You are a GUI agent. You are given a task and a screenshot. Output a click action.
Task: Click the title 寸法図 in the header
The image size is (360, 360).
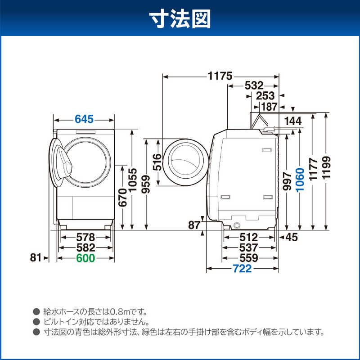(180, 19)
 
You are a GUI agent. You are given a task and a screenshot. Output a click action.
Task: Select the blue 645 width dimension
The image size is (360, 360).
(84, 119)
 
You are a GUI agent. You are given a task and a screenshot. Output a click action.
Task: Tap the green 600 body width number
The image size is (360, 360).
(85, 258)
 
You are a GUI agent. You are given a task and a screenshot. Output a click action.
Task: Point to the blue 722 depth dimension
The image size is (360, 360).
(242, 268)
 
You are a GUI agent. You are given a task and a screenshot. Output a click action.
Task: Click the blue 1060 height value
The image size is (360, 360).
(300, 180)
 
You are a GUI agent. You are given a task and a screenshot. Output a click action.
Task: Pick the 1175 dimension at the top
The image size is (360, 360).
(220, 76)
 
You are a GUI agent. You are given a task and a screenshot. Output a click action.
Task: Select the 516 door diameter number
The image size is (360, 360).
(157, 162)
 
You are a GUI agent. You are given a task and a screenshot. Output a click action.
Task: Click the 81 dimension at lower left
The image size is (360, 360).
(36, 257)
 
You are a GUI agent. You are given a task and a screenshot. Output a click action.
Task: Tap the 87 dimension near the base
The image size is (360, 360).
(194, 225)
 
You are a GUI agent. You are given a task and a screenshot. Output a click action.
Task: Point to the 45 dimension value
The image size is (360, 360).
(292, 237)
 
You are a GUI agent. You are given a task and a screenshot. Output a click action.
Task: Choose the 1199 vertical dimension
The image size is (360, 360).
(326, 167)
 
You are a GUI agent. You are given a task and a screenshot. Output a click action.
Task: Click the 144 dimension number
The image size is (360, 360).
(293, 121)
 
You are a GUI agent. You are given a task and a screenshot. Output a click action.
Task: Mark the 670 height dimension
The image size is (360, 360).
(123, 198)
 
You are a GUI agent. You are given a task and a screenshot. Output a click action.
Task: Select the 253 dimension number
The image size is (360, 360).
(265, 96)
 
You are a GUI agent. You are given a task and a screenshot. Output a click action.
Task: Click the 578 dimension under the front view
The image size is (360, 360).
(85, 237)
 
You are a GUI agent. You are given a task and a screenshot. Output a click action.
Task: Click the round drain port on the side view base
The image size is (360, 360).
(237, 225)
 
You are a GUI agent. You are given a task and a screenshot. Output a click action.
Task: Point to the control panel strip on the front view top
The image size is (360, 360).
(85, 132)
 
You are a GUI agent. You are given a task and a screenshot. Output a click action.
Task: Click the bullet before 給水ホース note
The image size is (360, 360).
(36, 311)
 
